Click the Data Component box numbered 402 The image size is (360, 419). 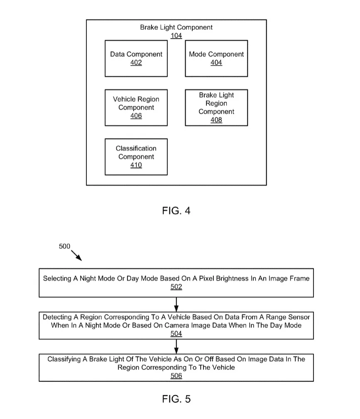pyautogui.click(x=136, y=58)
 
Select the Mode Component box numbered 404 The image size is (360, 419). pyautogui.click(x=216, y=58)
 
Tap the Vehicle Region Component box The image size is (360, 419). pyautogui.click(x=136, y=108)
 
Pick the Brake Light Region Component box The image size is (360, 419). pyautogui.click(x=216, y=108)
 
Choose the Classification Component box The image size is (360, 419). pyautogui.click(x=136, y=157)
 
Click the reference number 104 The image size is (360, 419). pyautogui.click(x=176, y=36)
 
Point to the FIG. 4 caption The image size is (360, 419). pyautogui.click(x=176, y=211)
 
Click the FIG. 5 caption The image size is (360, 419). pyautogui.click(x=176, y=399)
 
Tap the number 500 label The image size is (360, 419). pyautogui.click(x=64, y=246)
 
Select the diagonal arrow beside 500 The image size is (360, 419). pyautogui.click(x=76, y=256)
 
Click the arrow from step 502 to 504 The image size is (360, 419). pyautogui.click(x=176, y=305)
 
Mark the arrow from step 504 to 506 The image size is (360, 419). pyautogui.click(x=176, y=346)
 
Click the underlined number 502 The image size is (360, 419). pyautogui.click(x=176, y=287)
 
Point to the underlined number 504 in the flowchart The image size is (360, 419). pyautogui.click(x=176, y=334)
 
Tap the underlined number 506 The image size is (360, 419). pyautogui.click(x=176, y=375)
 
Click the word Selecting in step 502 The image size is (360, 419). pyautogui.click(x=57, y=279)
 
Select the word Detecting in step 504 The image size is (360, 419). pyautogui.click(x=57, y=317)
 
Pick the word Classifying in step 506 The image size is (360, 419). pyautogui.click(x=64, y=359)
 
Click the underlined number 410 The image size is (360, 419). pyautogui.click(x=136, y=165)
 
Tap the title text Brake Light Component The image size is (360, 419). pyautogui.click(x=176, y=27)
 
